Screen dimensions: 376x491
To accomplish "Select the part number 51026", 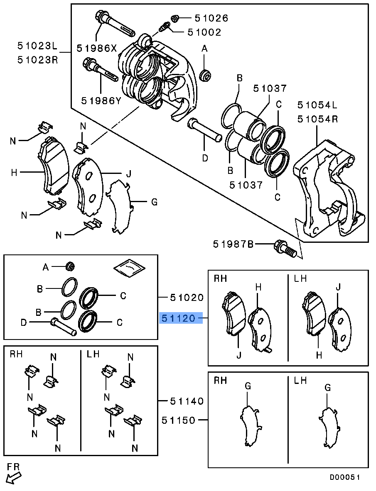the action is pyautogui.click(x=211, y=18).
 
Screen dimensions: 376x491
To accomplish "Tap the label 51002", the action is pyautogui.click(x=204, y=32).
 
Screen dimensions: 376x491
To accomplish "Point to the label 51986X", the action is pyautogui.click(x=97, y=48).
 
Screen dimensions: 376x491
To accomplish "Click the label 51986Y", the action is pyautogui.click(x=101, y=100).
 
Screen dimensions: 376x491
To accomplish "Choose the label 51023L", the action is pyautogui.click(x=37, y=46).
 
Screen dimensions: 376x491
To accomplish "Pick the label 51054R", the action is pyautogui.click(x=318, y=119).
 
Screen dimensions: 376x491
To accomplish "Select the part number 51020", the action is pyautogui.click(x=187, y=297).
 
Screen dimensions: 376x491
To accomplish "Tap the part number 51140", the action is pyautogui.click(x=187, y=401).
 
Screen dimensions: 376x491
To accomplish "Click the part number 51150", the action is pyautogui.click(x=179, y=420).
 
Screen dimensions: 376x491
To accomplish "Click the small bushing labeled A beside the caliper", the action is pyautogui.click(x=206, y=76).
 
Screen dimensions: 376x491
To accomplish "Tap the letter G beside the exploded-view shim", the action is pyautogui.click(x=154, y=202).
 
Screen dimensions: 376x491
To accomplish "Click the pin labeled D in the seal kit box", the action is pyautogui.click(x=63, y=327).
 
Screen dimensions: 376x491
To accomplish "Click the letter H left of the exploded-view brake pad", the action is pyautogui.click(x=14, y=172).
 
